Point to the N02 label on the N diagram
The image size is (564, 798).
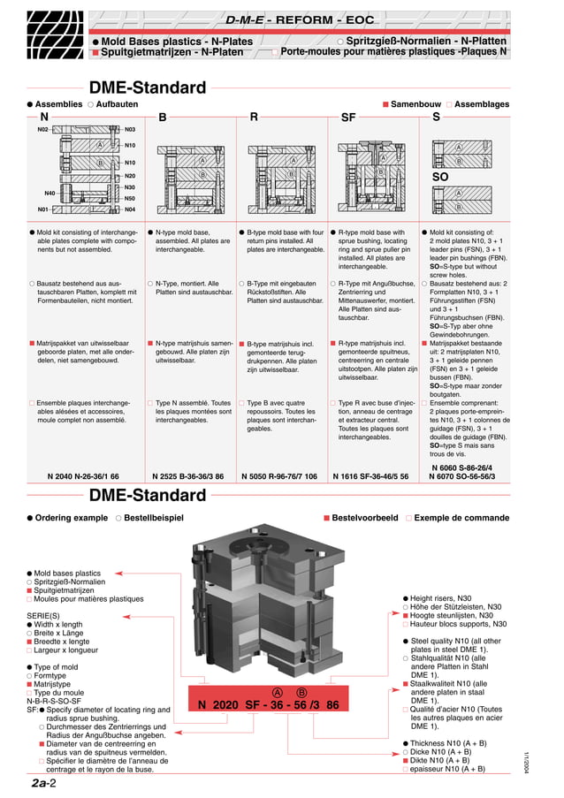tap(43, 130)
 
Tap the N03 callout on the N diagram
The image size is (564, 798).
tap(130, 130)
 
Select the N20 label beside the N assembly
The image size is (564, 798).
tap(130, 176)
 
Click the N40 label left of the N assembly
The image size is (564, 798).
tap(50, 193)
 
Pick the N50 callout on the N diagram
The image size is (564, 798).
tap(130, 199)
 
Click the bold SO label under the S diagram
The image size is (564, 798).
tap(439, 177)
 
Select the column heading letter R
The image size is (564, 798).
tap(254, 117)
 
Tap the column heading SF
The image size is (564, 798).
tap(348, 117)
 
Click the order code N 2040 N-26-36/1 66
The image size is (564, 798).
tap(83, 476)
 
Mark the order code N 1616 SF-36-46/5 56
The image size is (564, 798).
tap(370, 476)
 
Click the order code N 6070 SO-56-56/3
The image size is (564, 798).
tap(462, 476)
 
